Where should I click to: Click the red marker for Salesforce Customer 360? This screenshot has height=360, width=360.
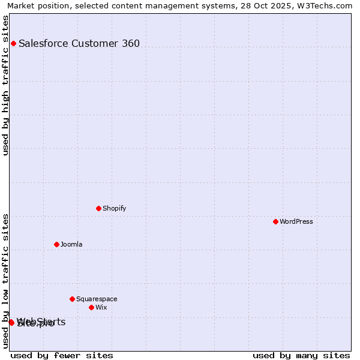(x=13, y=43)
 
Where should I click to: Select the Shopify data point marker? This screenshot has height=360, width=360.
(x=98, y=208)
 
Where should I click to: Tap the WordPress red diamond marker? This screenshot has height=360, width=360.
(x=275, y=221)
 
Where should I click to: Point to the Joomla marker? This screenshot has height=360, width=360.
(x=56, y=244)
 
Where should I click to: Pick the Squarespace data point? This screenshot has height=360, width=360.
(x=72, y=299)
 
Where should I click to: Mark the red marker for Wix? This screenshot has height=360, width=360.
(x=91, y=307)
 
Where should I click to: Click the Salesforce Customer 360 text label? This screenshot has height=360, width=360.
(x=79, y=43)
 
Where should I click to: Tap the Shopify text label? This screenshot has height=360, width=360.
(x=114, y=208)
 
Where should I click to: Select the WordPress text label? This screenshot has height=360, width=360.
(x=296, y=221)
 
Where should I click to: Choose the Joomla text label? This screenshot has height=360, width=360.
(x=71, y=244)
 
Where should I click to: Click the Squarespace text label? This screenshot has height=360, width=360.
(x=97, y=299)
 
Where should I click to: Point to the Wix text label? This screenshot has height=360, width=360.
(x=101, y=307)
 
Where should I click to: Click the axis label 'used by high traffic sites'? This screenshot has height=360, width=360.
(x=6, y=85)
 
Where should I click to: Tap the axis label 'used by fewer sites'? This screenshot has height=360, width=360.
(x=62, y=355)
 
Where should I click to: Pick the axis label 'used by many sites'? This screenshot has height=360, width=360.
(x=301, y=355)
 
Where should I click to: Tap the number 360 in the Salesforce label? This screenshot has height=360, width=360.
(x=130, y=43)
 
